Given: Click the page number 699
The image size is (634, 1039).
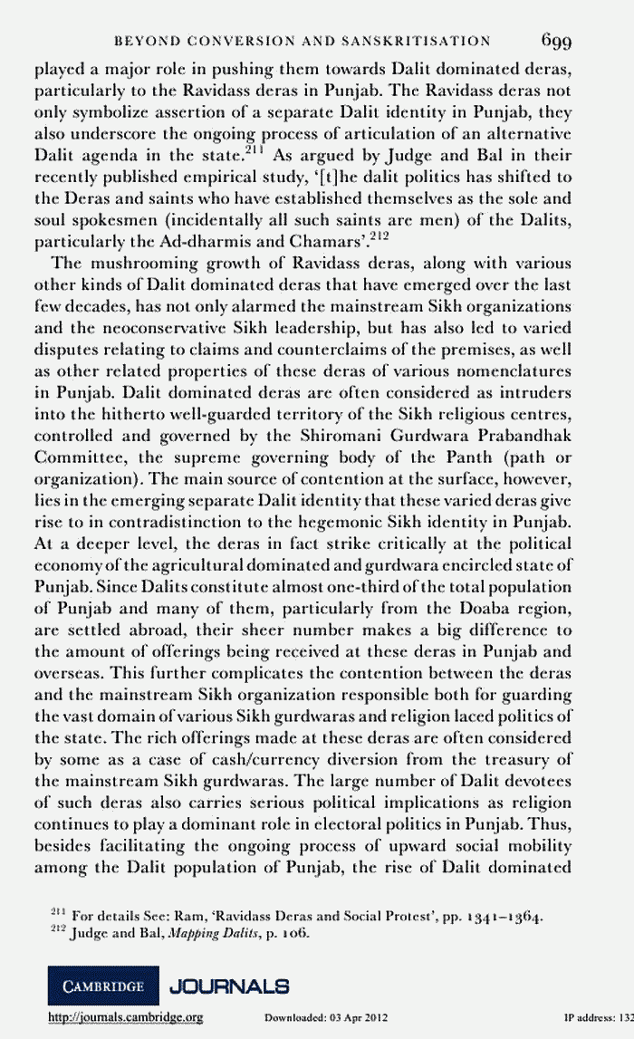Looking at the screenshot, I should point(566,41).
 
